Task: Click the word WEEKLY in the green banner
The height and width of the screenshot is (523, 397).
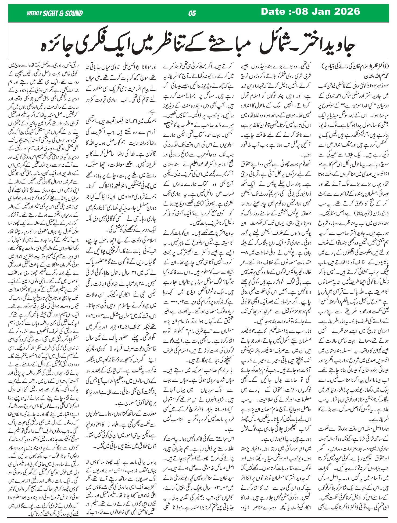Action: (x=34, y=13)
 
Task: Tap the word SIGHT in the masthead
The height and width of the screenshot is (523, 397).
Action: (x=51, y=13)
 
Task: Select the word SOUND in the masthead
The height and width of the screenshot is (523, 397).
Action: (x=73, y=13)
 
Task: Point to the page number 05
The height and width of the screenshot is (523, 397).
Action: (x=192, y=13)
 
